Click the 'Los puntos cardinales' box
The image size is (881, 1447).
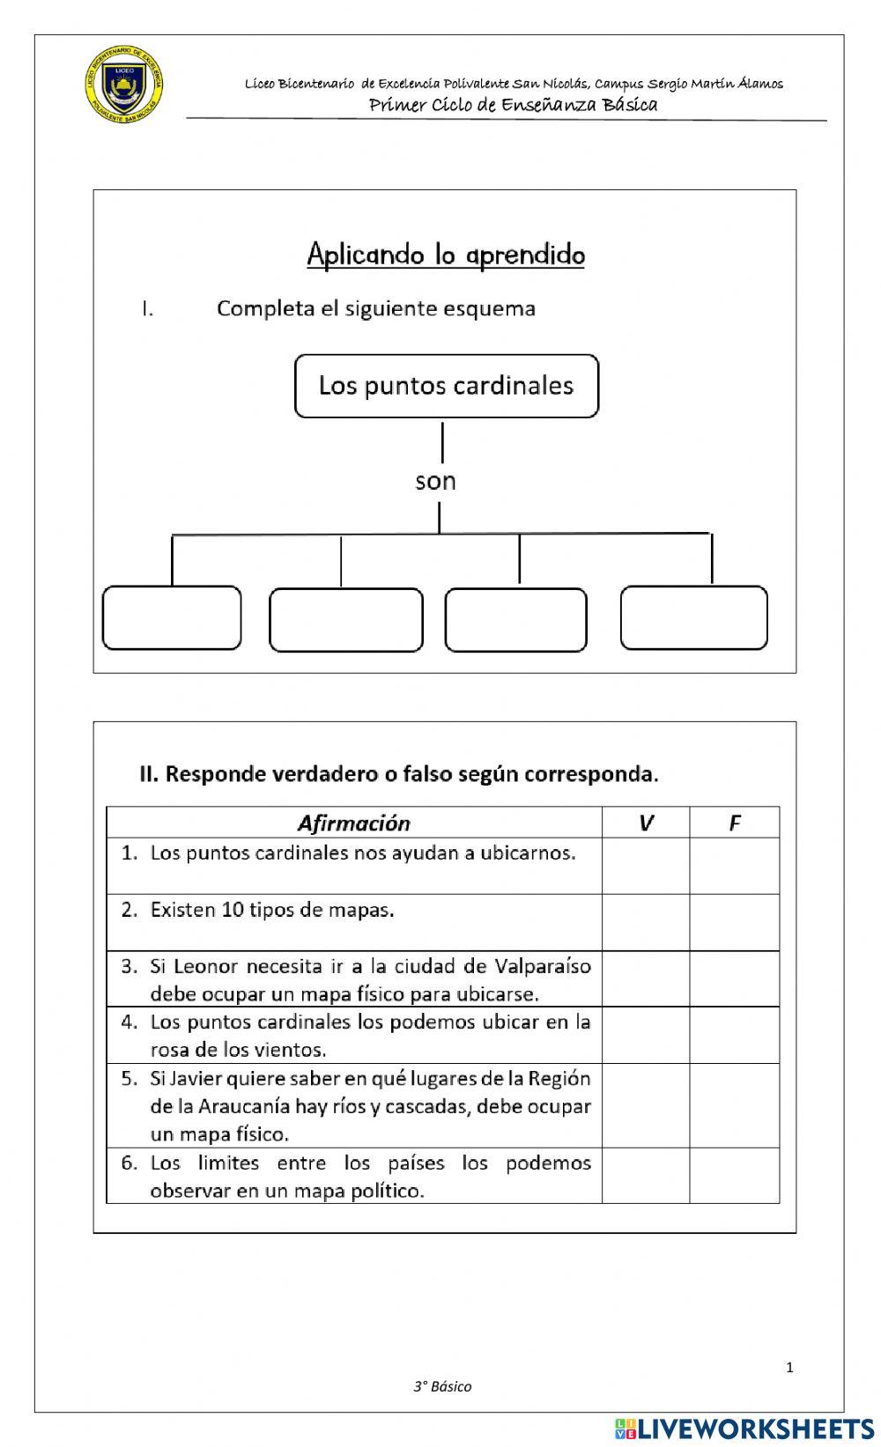point(446,386)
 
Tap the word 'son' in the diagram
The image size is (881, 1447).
point(435,482)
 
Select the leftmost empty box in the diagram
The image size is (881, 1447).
point(172,618)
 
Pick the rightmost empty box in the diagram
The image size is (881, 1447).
point(693,618)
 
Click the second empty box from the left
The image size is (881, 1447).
point(345,620)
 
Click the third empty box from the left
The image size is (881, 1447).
point(515,620)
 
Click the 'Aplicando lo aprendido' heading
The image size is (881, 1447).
point(446,255)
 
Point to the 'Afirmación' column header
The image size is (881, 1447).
point(353,823)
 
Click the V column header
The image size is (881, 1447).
point(646,823)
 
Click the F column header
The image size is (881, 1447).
point(734,823)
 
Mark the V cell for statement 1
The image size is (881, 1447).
point(646,865)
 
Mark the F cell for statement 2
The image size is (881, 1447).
point(734,922)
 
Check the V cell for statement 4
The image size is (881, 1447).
point(646,1035)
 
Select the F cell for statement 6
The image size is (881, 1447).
point(734,1176)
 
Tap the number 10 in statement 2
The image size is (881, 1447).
point(233,910)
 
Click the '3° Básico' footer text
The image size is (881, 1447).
point(442,1386)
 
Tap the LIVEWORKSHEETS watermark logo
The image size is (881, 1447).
point(744,1428)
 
